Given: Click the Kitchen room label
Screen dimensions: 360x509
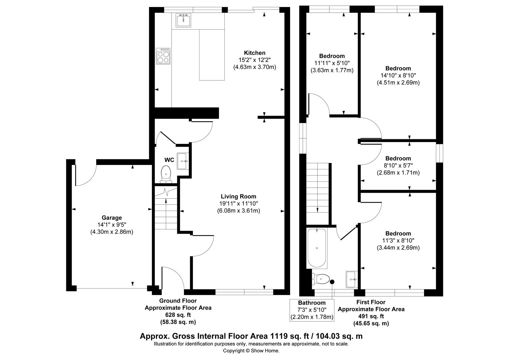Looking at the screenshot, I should point(254,53).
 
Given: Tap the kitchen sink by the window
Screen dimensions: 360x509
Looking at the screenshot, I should point(183,20).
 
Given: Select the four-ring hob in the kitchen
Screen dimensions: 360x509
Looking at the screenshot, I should point(163,56).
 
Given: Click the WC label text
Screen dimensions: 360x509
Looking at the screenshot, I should point(169,160).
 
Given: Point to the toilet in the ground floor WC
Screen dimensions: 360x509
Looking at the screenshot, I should point(166,175).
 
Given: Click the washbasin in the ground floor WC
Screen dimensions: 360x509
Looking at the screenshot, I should point(183,161).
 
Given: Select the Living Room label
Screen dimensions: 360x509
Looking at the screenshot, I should point(239,196).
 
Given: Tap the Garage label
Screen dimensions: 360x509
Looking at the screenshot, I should point(112,218).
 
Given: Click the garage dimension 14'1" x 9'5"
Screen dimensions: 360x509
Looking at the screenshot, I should point(112,225).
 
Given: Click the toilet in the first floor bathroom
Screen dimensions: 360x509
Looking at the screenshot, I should point(321,279).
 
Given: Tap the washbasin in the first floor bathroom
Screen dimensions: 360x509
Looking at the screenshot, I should point(351,279).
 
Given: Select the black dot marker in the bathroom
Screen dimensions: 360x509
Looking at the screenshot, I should point(332,282).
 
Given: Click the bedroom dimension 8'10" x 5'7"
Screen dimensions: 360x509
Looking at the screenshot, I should point(398,166).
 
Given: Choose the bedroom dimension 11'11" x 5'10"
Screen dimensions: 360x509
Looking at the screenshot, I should point(332,63).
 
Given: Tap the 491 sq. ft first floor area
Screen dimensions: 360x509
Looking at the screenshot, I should point(371,316).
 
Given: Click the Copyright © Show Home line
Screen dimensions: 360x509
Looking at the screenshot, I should point(251,351).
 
